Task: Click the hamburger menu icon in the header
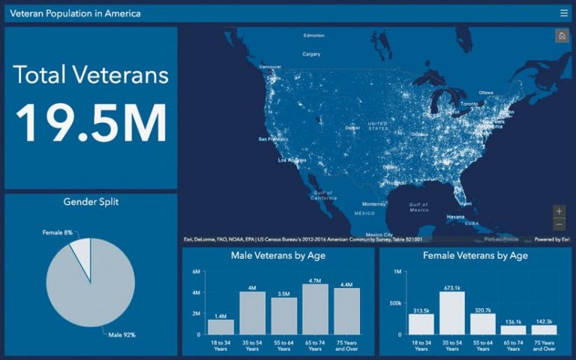(x=563, y=13)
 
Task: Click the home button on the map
(x=560, y=36)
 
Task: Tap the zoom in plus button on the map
(x=559, y=211)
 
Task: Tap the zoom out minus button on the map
(x=559, y=224)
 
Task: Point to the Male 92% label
(x=121, y=334)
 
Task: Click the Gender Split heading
(x=91, y=202)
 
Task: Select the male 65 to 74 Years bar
(x=315, y=309)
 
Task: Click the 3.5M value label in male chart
(x=283, y=293)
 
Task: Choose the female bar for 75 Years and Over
(x=544, y=329)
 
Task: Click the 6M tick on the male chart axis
(x=196, y=271)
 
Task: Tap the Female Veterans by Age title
(x=475, y=256)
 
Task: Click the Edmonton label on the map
(x=313, y=35)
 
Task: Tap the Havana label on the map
(x=456, y=217)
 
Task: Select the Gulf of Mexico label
(x=418, y=206)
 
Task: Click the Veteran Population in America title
(x=75, y=13)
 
